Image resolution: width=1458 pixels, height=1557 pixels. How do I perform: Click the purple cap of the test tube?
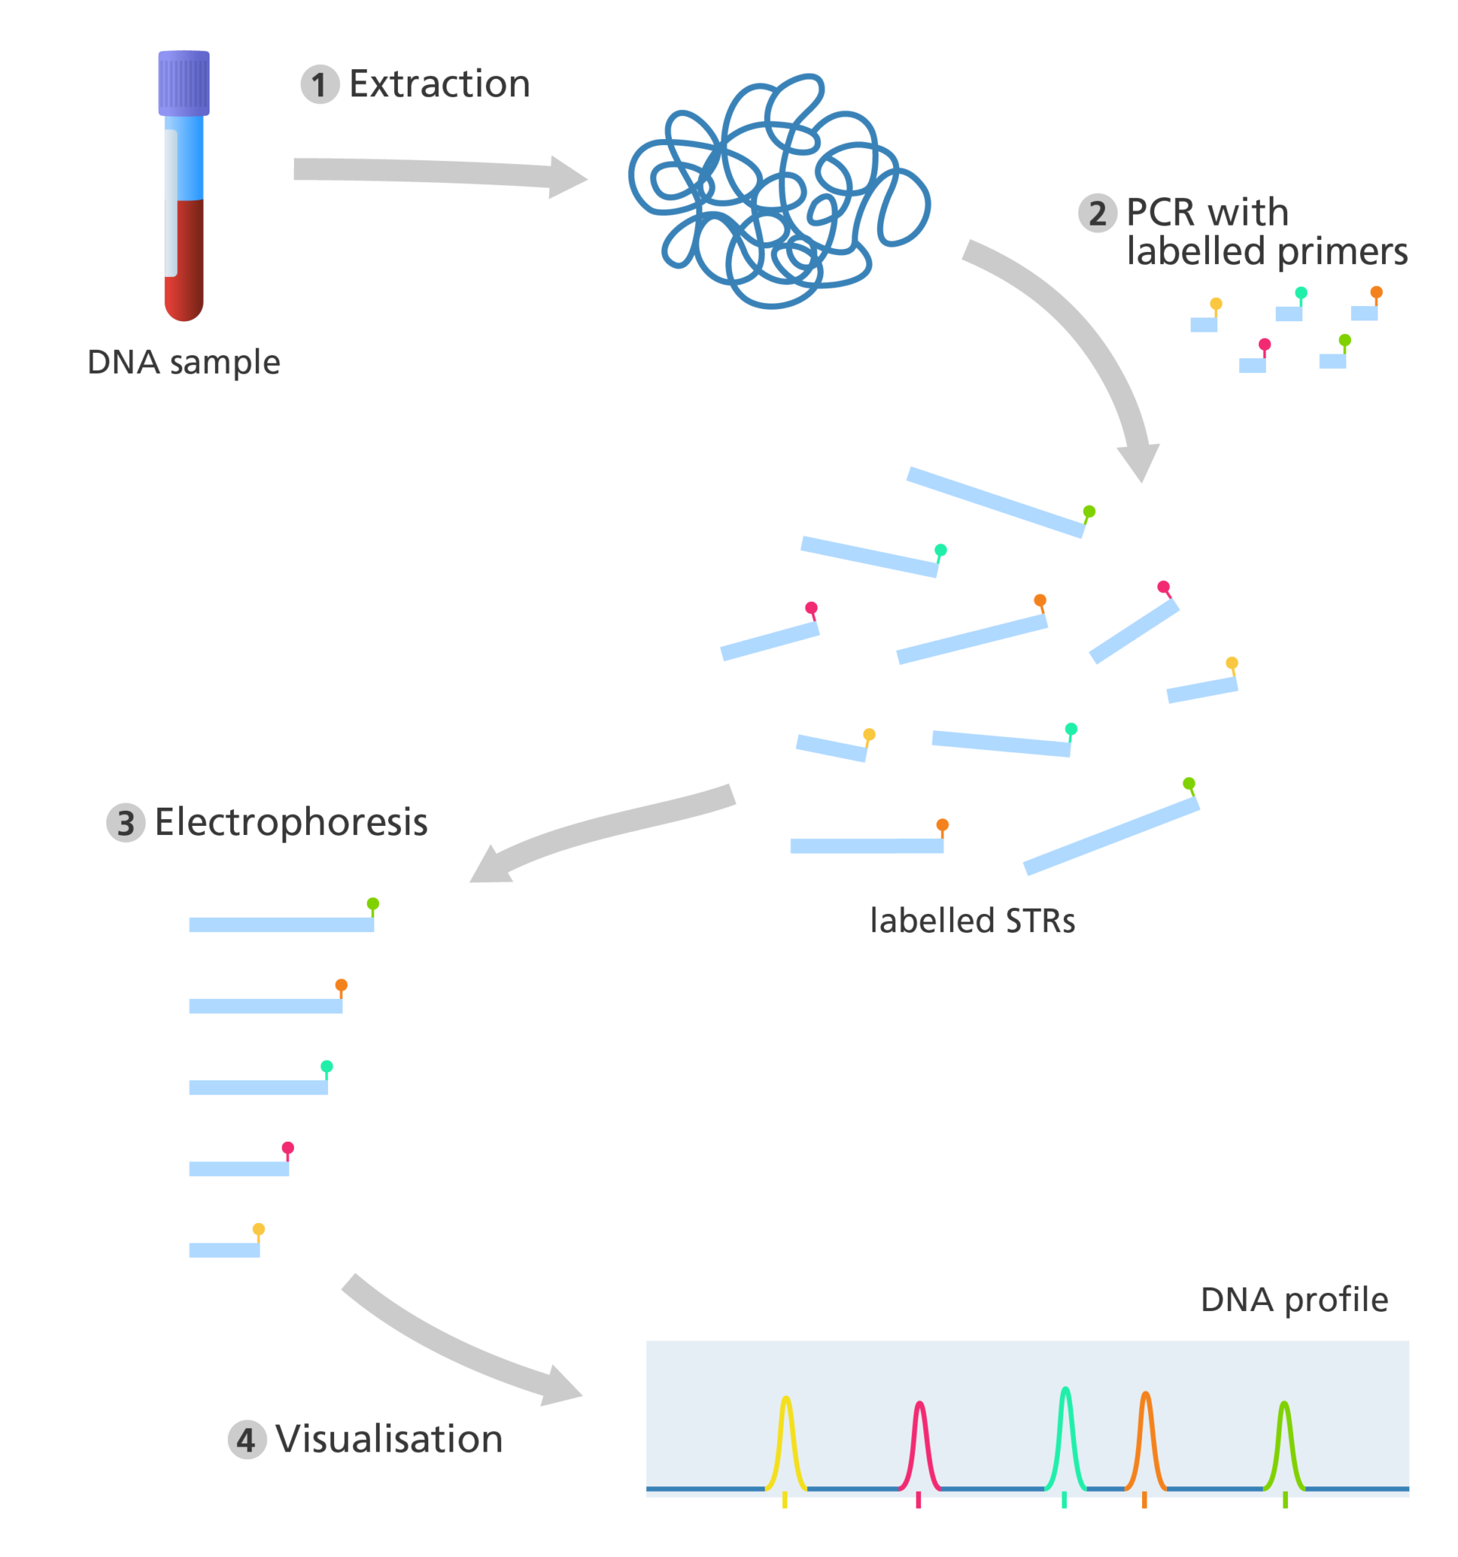[x=183, y=83]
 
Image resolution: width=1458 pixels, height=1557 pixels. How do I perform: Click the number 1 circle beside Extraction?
[x=320, y=84]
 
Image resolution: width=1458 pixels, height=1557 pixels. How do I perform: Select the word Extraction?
[x=440, y=84]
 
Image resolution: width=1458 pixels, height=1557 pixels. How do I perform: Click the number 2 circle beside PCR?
[x=1097, y=213]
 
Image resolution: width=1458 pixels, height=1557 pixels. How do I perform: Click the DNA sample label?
[x=183, y=363]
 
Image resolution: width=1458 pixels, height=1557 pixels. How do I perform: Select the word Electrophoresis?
[x=292, y=822]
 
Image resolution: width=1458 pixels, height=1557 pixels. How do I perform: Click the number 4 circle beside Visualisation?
[x=246, y=1439]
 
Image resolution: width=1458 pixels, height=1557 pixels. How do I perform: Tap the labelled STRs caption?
[x=972, y=920]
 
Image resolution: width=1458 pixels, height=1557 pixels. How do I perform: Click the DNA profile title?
[x=1293, y=1300]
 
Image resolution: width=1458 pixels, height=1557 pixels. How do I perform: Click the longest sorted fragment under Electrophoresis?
[x=280, y=924]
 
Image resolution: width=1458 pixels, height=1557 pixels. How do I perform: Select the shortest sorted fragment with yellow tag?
[x=223, y=1250]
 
